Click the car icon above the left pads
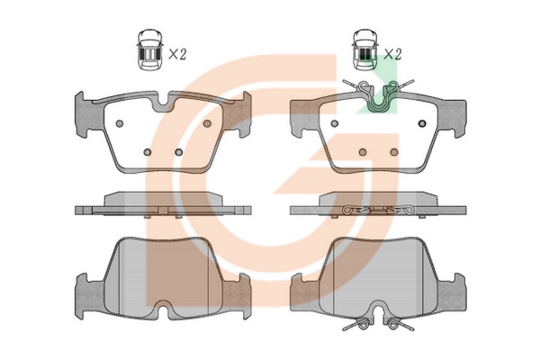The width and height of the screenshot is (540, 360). pyautogui.click(x=149, y=49)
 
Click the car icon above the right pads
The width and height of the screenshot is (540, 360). pyautogui.click(x=364, y=49)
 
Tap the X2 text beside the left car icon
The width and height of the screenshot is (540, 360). pyautogui.click(x=177, y=54)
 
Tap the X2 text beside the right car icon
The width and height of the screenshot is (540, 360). pyautogui.click(x=392, y=54)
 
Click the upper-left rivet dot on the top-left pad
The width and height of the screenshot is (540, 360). pyautogui.click(x=120, y=123)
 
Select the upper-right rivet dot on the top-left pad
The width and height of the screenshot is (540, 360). pyautogui.click(x=207, y=123)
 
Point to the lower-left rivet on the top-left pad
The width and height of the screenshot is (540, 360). pyautogui.click(x=148, y=152)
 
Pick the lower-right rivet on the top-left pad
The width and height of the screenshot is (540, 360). pyautogui.click(x=178, y=152)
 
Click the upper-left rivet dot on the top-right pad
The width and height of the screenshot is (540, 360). pyautogui.click(x=335, y=123)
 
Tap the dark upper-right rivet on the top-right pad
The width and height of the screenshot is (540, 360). pyautogui.click(x=422, y=123)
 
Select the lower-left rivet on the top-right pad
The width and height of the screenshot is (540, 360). pyautogui.click(x=363, y=152)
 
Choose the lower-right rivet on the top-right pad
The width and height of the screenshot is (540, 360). pyautogui.click(x=394, y=152)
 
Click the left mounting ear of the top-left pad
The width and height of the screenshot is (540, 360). pyautogui.click(x=85, y=114)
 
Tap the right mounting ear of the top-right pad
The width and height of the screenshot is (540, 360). pyautogui.click(x=453, y=118)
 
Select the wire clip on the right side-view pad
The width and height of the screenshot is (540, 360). pyautogui.click(x=379, y=210)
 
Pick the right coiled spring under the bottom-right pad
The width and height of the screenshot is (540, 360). pyautogui.click(x=400, y=324)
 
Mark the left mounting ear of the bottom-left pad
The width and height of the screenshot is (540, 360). pyautogui.click(x=86, y=295)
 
